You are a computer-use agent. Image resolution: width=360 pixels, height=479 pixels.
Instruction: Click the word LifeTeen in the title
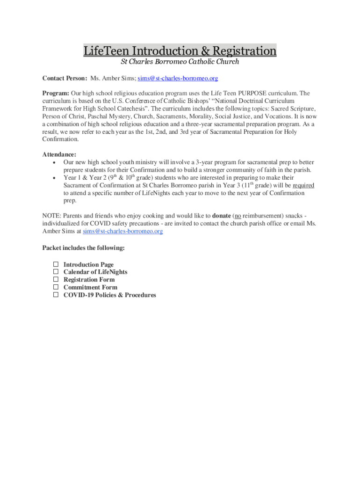[x=107, y=51]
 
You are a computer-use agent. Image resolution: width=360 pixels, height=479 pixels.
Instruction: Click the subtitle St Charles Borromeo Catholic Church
[x=180, y=62]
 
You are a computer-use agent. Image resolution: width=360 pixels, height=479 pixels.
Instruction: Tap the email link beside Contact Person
[x=178, y=78]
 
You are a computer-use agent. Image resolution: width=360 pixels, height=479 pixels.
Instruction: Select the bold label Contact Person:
[x=65, y=78]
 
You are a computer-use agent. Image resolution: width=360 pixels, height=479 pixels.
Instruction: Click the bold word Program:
[x=56, y=93]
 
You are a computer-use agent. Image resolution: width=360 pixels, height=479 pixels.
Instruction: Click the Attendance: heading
[x=59, y=154]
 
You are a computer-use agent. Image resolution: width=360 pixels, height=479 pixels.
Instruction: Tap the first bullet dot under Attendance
[x=55, y=162]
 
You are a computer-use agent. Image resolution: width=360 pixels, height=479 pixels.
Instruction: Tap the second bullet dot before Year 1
[x=55, y=178]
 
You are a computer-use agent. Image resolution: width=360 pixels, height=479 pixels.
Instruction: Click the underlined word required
[x=303, y=185]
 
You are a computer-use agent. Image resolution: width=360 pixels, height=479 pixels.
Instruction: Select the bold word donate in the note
[x=221, y=216]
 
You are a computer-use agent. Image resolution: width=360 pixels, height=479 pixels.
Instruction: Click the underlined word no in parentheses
[x=238, y=216]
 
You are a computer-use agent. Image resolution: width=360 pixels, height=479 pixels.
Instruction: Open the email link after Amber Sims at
[x=123, y=231]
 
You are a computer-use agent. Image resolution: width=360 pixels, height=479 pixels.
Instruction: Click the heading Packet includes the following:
[x=84, y=247]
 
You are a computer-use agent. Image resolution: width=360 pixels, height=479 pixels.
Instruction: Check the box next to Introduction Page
[x=55, y=264]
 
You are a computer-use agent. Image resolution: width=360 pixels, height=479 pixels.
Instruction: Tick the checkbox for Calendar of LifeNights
[x=55, y=272]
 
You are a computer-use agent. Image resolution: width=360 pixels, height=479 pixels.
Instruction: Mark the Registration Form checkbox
[x=55, y=279]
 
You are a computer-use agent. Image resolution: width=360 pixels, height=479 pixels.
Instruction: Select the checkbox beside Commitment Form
[x=55, y=287]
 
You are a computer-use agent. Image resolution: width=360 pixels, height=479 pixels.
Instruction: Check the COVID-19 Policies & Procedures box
[x=55, y=295]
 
